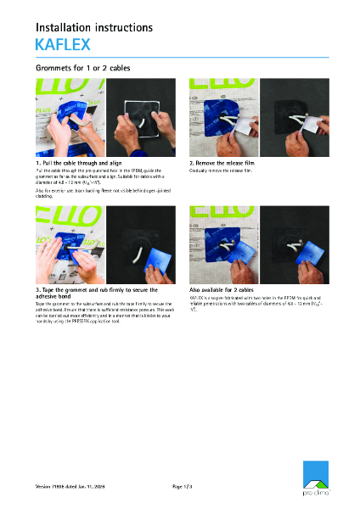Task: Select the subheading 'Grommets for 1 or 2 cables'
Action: pos(82,67)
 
